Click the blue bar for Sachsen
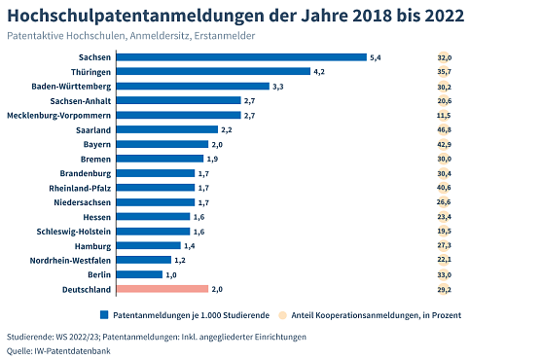coord(241,57)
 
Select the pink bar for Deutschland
coord(162,289)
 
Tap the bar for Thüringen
coord(213,72)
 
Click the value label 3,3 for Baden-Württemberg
coord(277,87)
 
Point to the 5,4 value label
coord(376,57)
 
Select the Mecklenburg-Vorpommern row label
coord(61,116)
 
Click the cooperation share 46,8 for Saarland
coord(444,129)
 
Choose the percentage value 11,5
coord(444,116)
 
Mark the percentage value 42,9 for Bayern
coord(444,144)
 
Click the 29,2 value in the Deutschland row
coord(444,289)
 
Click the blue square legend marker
coord(103,315)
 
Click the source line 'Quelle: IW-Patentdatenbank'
coord(58,350)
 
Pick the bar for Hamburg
coord(148,246)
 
